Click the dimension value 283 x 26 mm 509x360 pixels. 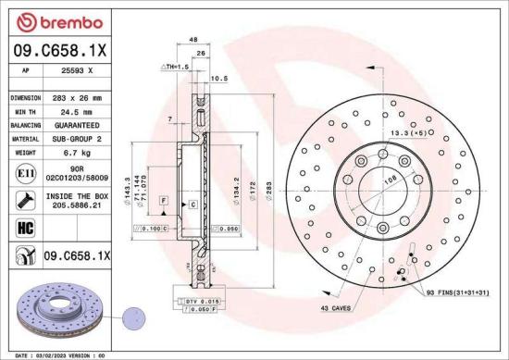75,97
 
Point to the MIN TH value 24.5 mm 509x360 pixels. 75,110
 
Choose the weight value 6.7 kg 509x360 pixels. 75,152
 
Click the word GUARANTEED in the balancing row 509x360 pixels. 75,124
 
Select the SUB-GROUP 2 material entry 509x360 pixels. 75,138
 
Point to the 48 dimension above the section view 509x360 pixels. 192,40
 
